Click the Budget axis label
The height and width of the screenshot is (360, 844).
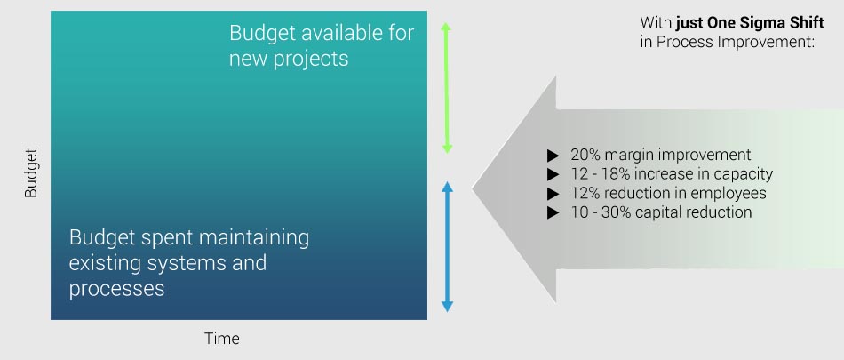pos(31,173)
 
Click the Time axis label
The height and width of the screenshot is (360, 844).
pos(222,339)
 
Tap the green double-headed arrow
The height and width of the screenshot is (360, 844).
pos(446,87)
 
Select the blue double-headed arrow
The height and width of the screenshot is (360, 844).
pos(447,247)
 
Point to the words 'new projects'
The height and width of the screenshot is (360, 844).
pos(289,59)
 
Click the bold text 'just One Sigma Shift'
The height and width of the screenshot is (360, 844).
pos(750,22)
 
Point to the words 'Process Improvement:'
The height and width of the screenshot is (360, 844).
pos(736,42)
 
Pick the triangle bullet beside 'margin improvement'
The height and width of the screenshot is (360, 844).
pos(553,156)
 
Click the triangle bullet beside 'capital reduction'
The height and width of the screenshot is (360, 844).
pos(553,212)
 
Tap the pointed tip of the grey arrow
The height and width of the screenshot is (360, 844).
pos(473,188)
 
